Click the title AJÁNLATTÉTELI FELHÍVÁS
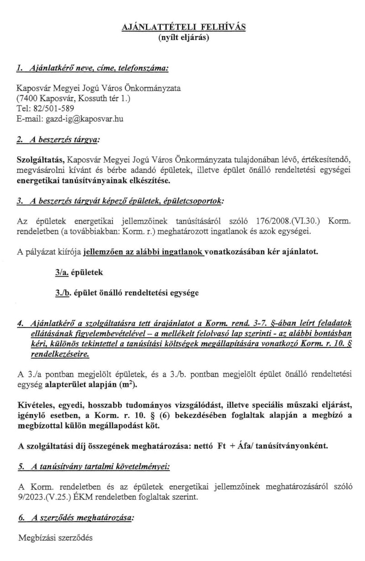coord(183,28)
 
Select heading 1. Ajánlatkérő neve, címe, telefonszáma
coord(93,69)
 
